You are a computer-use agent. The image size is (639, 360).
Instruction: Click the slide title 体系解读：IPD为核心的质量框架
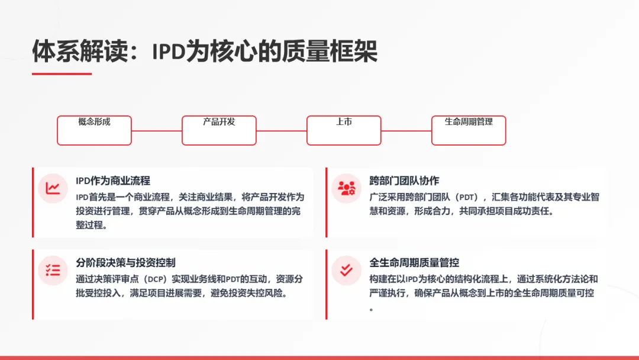point(205,52)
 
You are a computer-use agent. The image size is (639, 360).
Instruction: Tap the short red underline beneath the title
point(62,74)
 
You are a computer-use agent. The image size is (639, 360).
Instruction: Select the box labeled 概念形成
point(94,130)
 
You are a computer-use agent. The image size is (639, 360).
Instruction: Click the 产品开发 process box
point(219,130)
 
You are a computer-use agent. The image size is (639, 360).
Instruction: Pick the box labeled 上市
point(344,130)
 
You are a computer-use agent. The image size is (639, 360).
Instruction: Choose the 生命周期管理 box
point(469,130)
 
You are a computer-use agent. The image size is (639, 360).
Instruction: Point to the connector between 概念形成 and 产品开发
point(157,131)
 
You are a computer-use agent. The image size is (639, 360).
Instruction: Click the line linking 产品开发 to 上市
point(282,131)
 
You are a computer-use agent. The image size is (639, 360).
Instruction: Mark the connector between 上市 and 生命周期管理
point(406,131)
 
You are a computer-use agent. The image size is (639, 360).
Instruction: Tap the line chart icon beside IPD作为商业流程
point(53,188)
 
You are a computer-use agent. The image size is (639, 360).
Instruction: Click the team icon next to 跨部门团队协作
point(346,188)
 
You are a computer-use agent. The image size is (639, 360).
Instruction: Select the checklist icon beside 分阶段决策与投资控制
point(53,271)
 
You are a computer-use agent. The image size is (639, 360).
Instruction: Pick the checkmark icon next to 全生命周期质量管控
point(346,271)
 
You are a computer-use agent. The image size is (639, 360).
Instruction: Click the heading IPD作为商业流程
point(113,181)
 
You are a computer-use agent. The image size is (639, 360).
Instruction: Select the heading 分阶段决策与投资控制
point(125,262)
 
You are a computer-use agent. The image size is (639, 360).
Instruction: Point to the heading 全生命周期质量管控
point(414,262)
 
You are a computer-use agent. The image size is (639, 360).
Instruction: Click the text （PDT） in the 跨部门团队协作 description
point(468,197)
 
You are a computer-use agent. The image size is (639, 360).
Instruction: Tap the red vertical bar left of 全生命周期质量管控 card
point(326,284)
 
